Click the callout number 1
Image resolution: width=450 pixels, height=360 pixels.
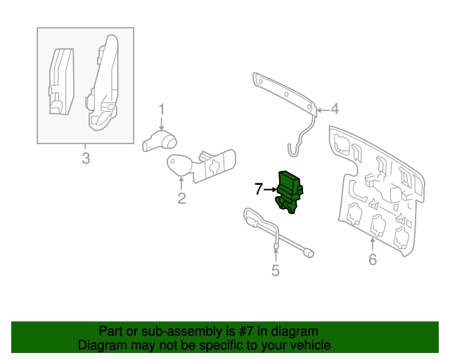pyautogui.click(x=162, y=110)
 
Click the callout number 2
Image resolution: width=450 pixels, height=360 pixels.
pyautogui.click(x=181, y=198)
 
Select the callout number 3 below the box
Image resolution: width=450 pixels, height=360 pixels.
pyautogui.click(x=86, y=158)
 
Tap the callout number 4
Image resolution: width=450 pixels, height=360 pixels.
pyautogui.click(x=335, y=109)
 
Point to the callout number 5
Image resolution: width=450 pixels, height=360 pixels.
pyautogui.click(x=275, y=271)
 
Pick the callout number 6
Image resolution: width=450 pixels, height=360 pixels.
pyautogui.click(x=373, y=259)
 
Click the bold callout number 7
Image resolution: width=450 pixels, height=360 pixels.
pyautogui.click(x=259, y=189)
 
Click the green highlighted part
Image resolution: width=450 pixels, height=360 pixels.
pyautogui.click(x=290, y=191)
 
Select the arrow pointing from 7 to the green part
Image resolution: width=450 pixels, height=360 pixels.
pyautogui.click(x=271, y=189)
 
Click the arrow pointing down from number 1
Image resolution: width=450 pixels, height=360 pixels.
pyautogui.click(x=162, y=124)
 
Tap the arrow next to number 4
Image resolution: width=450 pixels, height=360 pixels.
pyautogui.click(x=322, y=110)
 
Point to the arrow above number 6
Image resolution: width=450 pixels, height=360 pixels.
pyautogui.click(x=372, y=245)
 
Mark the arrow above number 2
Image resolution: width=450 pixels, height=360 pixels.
pyautogui.click(x=181, y=184)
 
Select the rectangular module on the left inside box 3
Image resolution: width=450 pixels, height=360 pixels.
pyautogui.click(x=61, y=82)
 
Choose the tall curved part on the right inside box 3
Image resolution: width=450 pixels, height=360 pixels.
pyautogui.click(x=103, y=83)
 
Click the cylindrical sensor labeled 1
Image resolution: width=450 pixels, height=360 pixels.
pyautogui.click(x=160, y=141)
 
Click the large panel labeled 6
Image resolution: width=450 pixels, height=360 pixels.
pyautogui.click(x=377, y=191)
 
